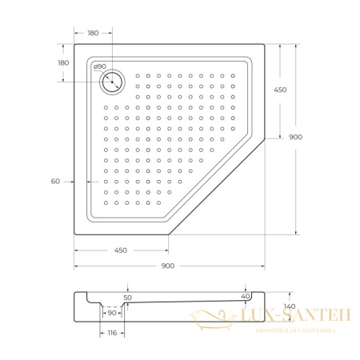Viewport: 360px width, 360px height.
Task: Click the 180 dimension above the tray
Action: [x=93, y=33]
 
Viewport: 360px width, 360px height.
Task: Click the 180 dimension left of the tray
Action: [x=63, y=63]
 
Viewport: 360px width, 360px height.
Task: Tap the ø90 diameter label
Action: [x=100, y=66]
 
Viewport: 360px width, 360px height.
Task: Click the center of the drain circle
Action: [x=112, y=82]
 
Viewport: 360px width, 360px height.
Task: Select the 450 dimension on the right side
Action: [x=280, y=90]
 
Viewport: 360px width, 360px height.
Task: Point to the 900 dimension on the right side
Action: [x=296, y=137]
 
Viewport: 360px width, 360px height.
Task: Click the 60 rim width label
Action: [x=55, y=182]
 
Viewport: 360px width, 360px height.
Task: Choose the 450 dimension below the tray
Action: [x=121, y=250]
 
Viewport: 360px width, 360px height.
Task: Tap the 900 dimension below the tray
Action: [x=168, y=266]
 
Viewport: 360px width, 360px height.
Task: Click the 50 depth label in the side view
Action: [x=128, y=298]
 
